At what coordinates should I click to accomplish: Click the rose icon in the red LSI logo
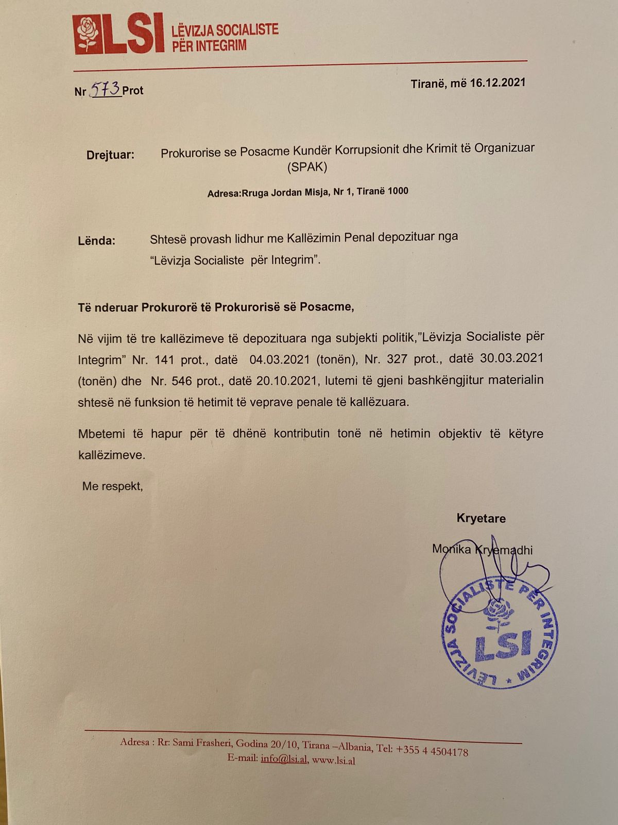[x=88, y=34]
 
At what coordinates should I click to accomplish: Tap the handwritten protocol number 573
[x=105, y=89]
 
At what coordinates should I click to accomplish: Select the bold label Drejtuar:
[x=110, y=155]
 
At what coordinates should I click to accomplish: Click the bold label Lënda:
[x=97, y=240]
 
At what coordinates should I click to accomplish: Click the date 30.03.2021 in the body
[x=511, y=358]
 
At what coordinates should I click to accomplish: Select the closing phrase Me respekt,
[x=113, y=486]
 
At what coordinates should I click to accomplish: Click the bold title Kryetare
[x=481, y=518]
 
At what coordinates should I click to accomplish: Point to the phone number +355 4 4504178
[x=432, y=750]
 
